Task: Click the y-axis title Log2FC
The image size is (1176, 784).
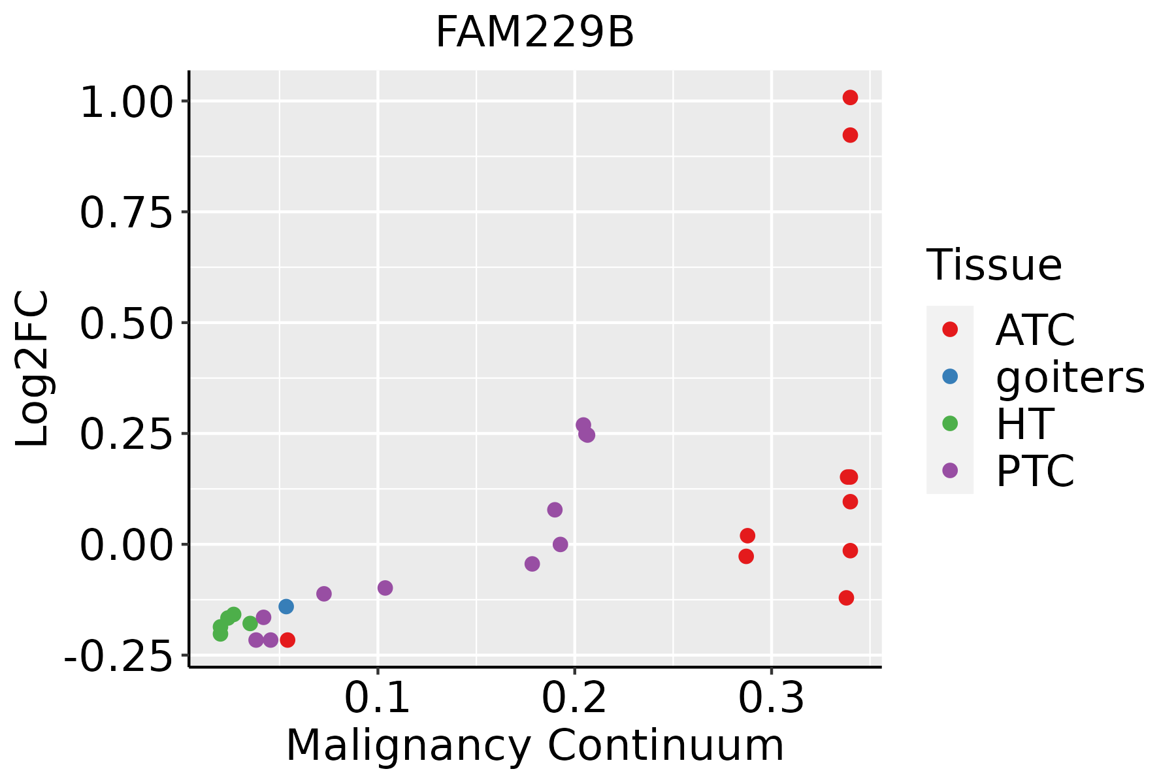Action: pos(33,369)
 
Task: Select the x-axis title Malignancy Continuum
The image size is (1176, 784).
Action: pos(534,745)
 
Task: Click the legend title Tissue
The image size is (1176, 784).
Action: pos(994,265)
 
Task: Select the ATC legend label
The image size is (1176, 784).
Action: pos(1035,330)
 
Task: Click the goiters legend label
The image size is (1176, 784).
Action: pos(1070,377)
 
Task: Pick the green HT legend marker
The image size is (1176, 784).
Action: pos(950,423)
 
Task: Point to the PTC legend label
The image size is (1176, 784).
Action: pos(1035,471)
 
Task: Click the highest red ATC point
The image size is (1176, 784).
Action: pos(850,97)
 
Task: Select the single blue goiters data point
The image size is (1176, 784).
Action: pos(286,606)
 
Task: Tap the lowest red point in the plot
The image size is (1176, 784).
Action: pos(287,640)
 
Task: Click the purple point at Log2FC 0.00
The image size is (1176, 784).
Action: pos(561,544)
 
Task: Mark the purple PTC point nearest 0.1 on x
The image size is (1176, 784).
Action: pos(385,588)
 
